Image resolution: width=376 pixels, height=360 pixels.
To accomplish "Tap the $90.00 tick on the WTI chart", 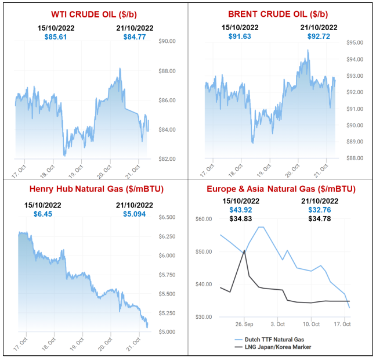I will (x=167, y=41).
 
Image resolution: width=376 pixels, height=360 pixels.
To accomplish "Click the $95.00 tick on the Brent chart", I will (x=354, y=42).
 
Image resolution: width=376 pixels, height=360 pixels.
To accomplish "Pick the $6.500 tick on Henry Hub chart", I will (x=167, y=217).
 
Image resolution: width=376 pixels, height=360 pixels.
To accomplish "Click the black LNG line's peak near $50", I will (x=244, y=250).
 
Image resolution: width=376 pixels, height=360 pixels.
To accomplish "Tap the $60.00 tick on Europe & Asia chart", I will (x=204, y=219).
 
